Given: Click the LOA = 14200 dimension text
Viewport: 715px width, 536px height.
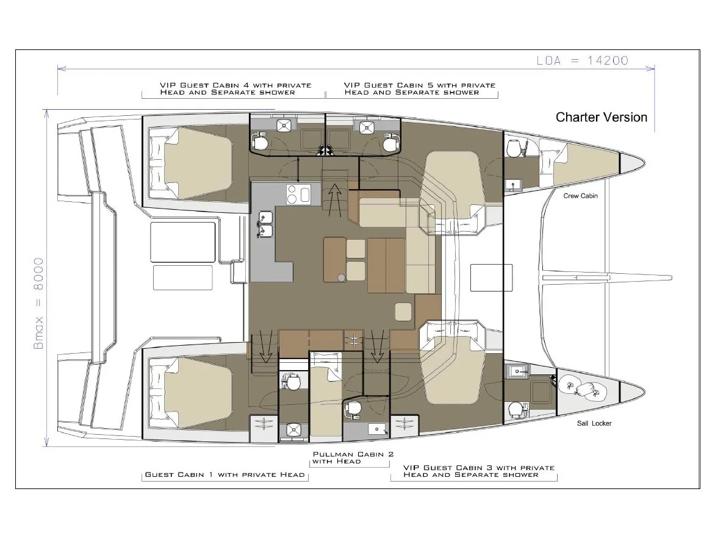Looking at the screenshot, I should (582, 60).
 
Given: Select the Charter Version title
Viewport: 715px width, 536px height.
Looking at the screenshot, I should (601, 117).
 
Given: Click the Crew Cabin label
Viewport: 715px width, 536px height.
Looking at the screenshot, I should (580, 196).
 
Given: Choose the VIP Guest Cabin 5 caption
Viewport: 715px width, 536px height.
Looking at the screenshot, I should (419, 89).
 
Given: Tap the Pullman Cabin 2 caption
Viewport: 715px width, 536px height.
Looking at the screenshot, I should (353, 458).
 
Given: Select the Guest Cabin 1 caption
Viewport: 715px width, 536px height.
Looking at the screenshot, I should (225, 474).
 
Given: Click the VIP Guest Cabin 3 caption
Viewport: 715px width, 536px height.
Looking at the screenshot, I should (479, 471).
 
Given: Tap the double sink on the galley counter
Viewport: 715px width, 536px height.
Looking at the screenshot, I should (265, 224).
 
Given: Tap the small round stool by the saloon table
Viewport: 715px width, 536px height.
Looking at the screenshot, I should (341, 278).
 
